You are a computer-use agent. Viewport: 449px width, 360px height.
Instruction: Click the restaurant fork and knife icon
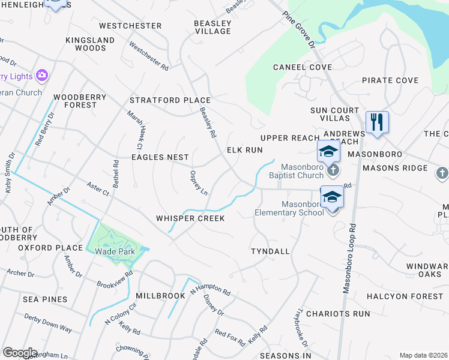pyautogui.click(x=377, y=123)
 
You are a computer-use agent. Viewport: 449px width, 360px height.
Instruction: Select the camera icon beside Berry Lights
pyautogui.click(x=42, y=76)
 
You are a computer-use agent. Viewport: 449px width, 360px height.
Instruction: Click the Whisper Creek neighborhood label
pyautogui.click(x=190, y=218)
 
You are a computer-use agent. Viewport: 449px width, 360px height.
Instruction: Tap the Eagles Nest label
pyautogui.click(x=160, y=157)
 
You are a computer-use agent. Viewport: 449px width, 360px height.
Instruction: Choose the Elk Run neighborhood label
pyautogui.click(x=244, y=150)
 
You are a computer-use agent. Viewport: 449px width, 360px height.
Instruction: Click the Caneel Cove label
pyautogui.click(x=303, y=67)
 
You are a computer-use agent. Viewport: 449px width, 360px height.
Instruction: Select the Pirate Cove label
pyautogui.click(x=390, y=80)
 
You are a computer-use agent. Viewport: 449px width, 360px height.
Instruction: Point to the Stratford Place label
pyautogui.click(x=170, y=100)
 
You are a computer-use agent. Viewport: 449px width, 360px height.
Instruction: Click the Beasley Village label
pyautogui.click(x=212, y=27)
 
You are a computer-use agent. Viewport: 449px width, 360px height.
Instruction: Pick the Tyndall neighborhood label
pyautogui.click(x=270, y=251)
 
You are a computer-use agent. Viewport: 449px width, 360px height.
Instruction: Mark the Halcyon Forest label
pyautogui.click(x=405, y=296)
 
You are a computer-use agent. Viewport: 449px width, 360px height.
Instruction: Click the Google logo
pyautogui.click(x=20, y=353)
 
